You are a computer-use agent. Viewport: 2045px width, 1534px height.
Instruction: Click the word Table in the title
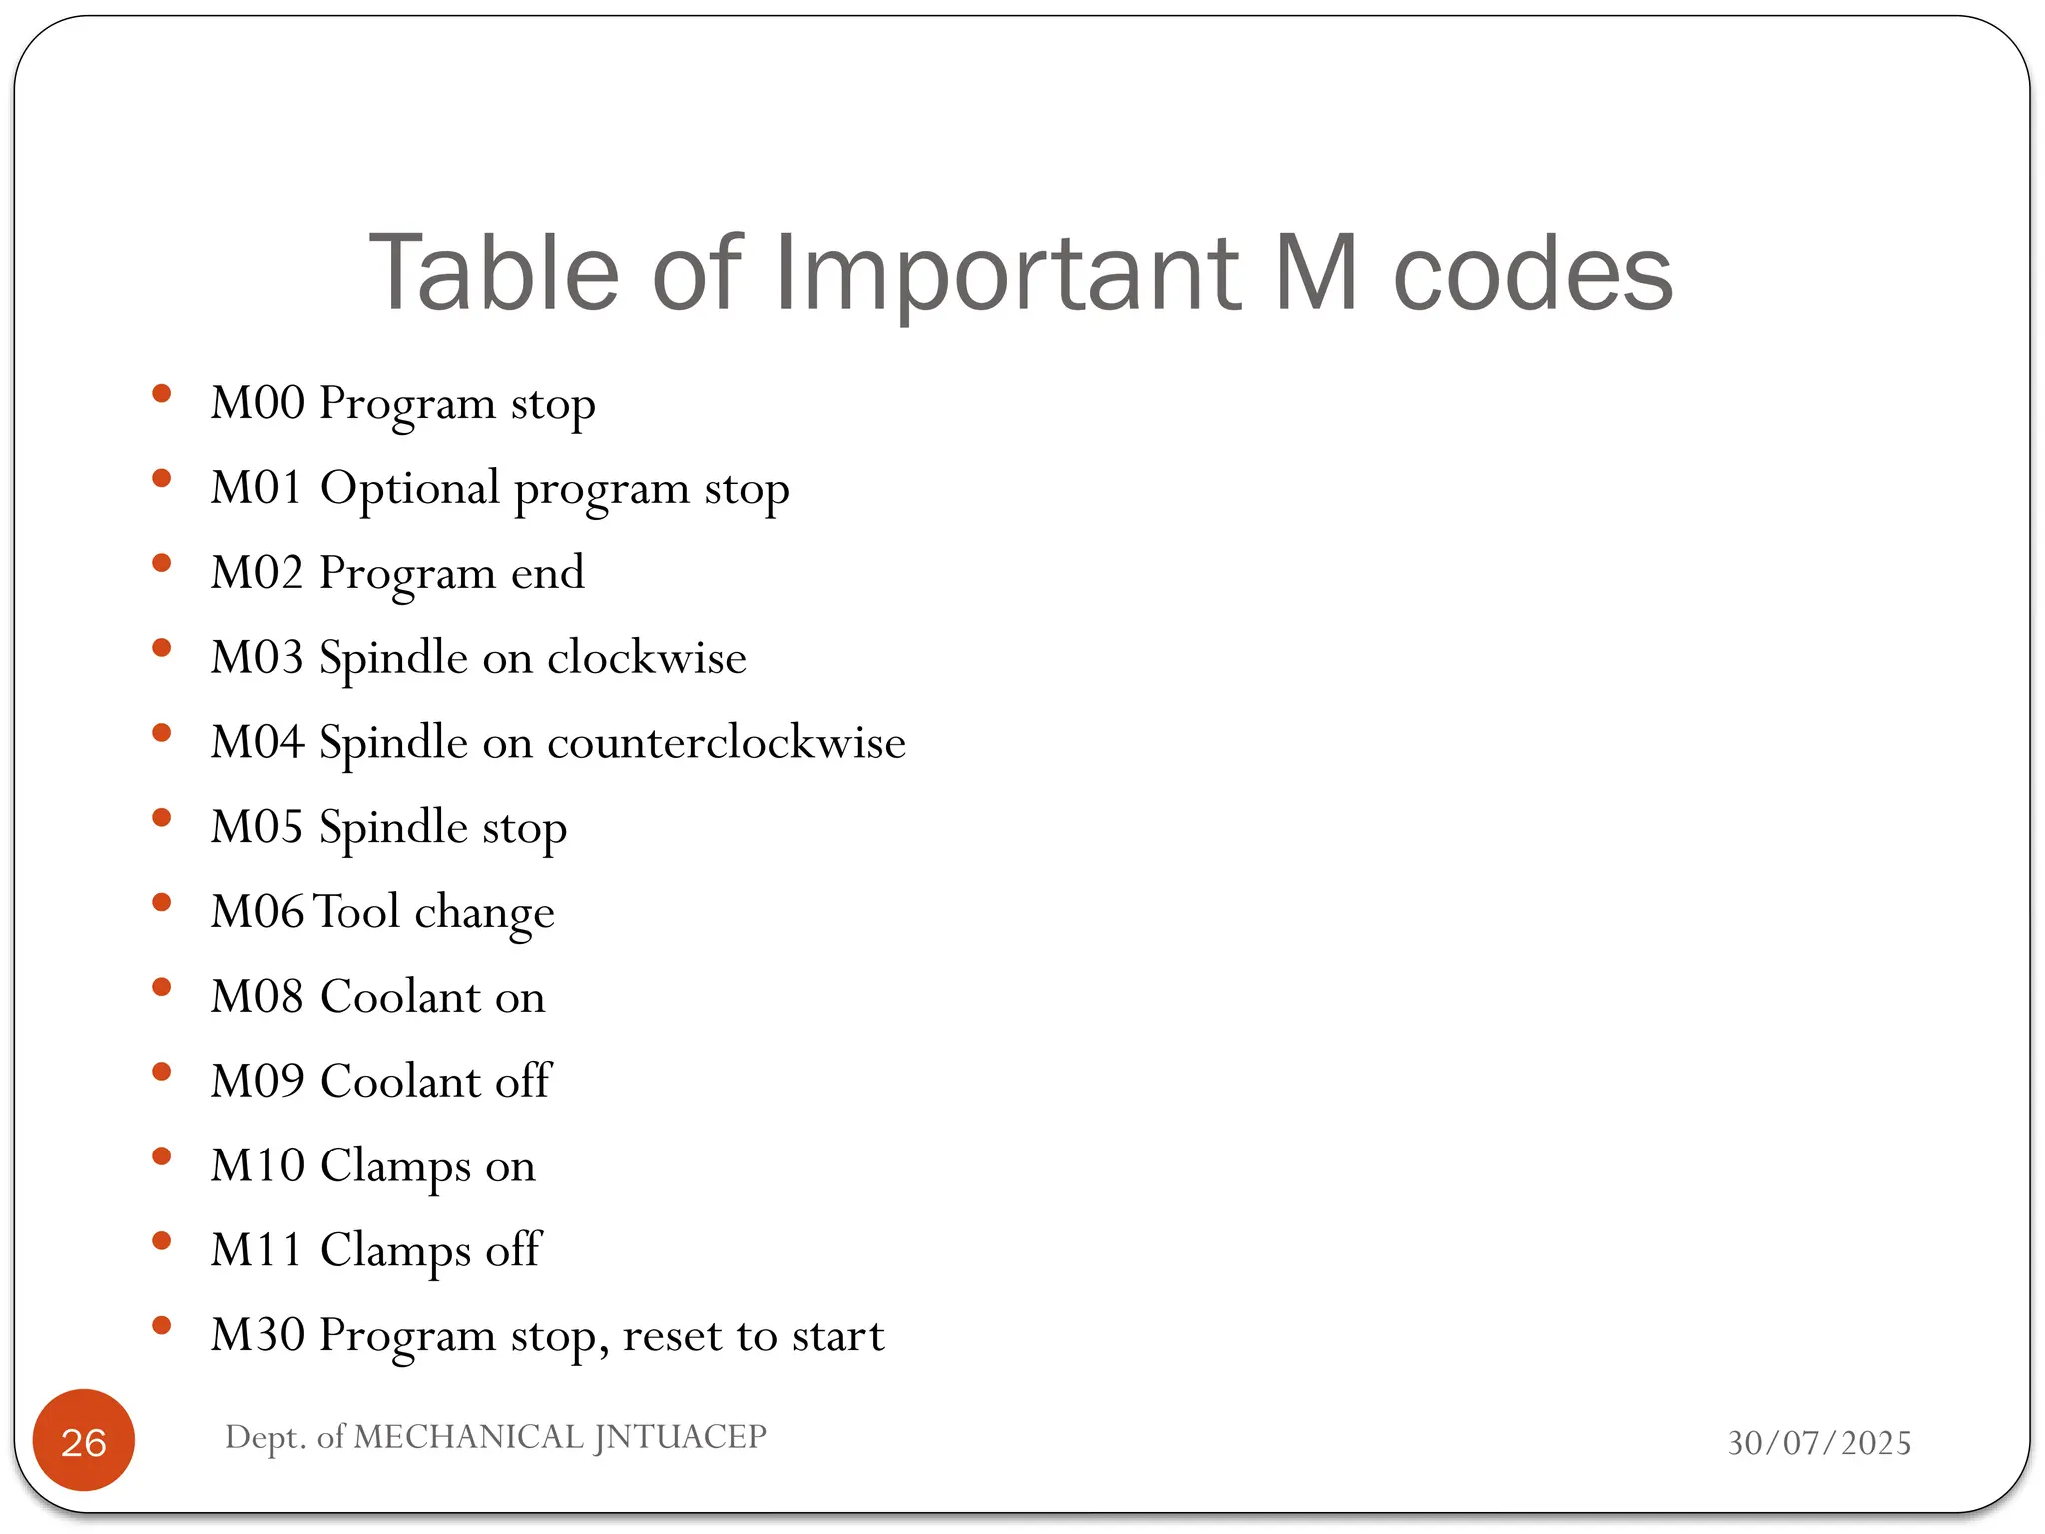(494, 273)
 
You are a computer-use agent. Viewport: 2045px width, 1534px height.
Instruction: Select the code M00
(257, 403)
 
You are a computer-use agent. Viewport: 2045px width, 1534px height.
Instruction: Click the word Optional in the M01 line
(408, 488)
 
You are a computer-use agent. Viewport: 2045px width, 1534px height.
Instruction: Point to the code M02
(257, 573)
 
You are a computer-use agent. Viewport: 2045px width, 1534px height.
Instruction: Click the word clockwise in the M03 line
(646, 657)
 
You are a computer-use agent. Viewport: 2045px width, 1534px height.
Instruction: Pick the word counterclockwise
(726, 742)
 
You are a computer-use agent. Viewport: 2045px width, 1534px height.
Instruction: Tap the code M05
(257, 827)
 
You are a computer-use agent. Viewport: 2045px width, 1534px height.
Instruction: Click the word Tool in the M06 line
(356, 912)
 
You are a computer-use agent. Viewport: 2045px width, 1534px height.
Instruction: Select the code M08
(257, 997)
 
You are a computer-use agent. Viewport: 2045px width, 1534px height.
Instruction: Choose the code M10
(257, 1165)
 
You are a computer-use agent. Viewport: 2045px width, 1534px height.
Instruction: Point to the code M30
(257, 1335)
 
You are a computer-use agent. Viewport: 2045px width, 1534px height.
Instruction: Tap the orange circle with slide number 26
(84, 1441)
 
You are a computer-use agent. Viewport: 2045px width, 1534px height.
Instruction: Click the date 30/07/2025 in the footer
(1819, 1443)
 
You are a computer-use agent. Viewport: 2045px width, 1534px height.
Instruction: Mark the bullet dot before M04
(161, 733)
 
